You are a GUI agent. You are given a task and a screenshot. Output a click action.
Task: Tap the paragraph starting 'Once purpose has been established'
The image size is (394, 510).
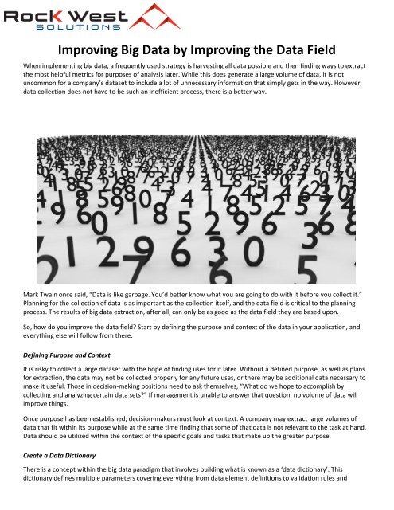click(x=197, y=449)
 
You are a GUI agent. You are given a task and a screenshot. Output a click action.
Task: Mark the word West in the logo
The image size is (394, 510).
click(x=88, y=11)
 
